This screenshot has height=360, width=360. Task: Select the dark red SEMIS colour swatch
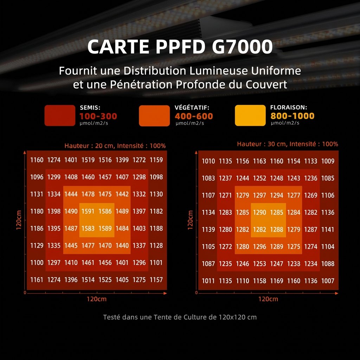60,115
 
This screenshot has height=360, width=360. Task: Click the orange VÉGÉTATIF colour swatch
154,115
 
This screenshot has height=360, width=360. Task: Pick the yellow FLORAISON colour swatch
250,115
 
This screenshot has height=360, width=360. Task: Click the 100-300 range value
98,116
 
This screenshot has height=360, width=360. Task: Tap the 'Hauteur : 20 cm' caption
90,146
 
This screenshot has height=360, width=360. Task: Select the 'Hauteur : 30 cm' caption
262,144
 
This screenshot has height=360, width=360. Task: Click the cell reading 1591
88,211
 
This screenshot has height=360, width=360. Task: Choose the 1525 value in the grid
105,280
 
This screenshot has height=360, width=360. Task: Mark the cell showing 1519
88,160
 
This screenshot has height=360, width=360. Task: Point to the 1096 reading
37,177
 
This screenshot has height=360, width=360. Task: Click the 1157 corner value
156,280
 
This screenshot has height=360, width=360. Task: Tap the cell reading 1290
259,212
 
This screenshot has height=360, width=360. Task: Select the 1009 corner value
328,161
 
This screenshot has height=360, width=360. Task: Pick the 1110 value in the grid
242,281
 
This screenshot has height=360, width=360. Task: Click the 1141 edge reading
328,230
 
